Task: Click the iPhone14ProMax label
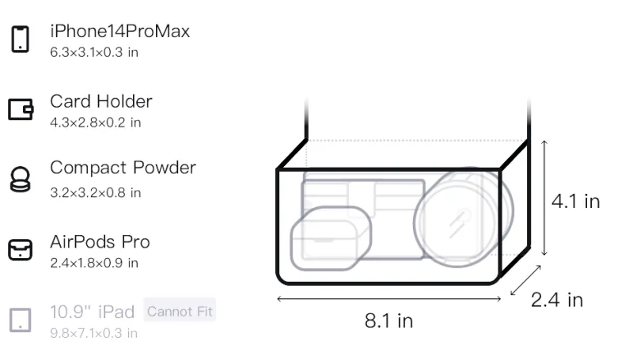tap(120, 32)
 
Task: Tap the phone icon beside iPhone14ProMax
tap(21, 39)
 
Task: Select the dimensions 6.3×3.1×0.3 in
tap(94, 52)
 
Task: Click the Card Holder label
tap(101, 101)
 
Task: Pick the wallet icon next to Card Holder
tap(21, 109)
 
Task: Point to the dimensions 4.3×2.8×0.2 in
tap(95, 123)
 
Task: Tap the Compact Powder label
tap(123, 168)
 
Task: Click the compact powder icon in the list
tap(21, 179)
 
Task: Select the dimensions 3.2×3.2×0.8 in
tap(95, 193)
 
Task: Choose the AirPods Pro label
tap(100, 242)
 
